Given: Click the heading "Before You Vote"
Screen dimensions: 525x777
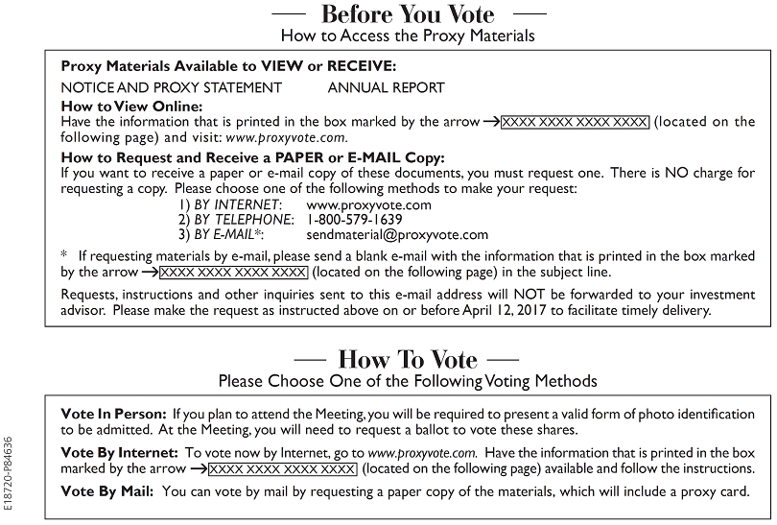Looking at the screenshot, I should point(408,14).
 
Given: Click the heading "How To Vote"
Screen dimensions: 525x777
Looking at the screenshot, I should point(408,359).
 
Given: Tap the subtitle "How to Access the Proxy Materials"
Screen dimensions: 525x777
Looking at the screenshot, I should point(408,36).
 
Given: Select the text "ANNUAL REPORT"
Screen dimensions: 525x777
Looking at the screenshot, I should point(387,87).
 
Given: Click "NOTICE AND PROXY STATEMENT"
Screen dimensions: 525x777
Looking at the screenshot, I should point(172,87).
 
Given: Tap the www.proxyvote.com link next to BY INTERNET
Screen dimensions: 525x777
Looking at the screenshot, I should point(368,204).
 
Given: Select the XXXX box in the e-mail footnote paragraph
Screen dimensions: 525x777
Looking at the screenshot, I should point(233,272).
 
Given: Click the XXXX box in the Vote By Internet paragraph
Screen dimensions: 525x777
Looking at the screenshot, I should point(282,468).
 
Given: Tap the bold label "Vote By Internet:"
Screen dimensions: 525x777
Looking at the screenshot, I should point(119,451).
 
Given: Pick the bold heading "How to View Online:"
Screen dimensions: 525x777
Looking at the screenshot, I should point(131,106).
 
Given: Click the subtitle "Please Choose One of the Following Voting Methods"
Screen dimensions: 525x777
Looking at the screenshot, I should point(408,381).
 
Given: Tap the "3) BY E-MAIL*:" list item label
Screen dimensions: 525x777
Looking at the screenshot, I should point(223,233).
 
